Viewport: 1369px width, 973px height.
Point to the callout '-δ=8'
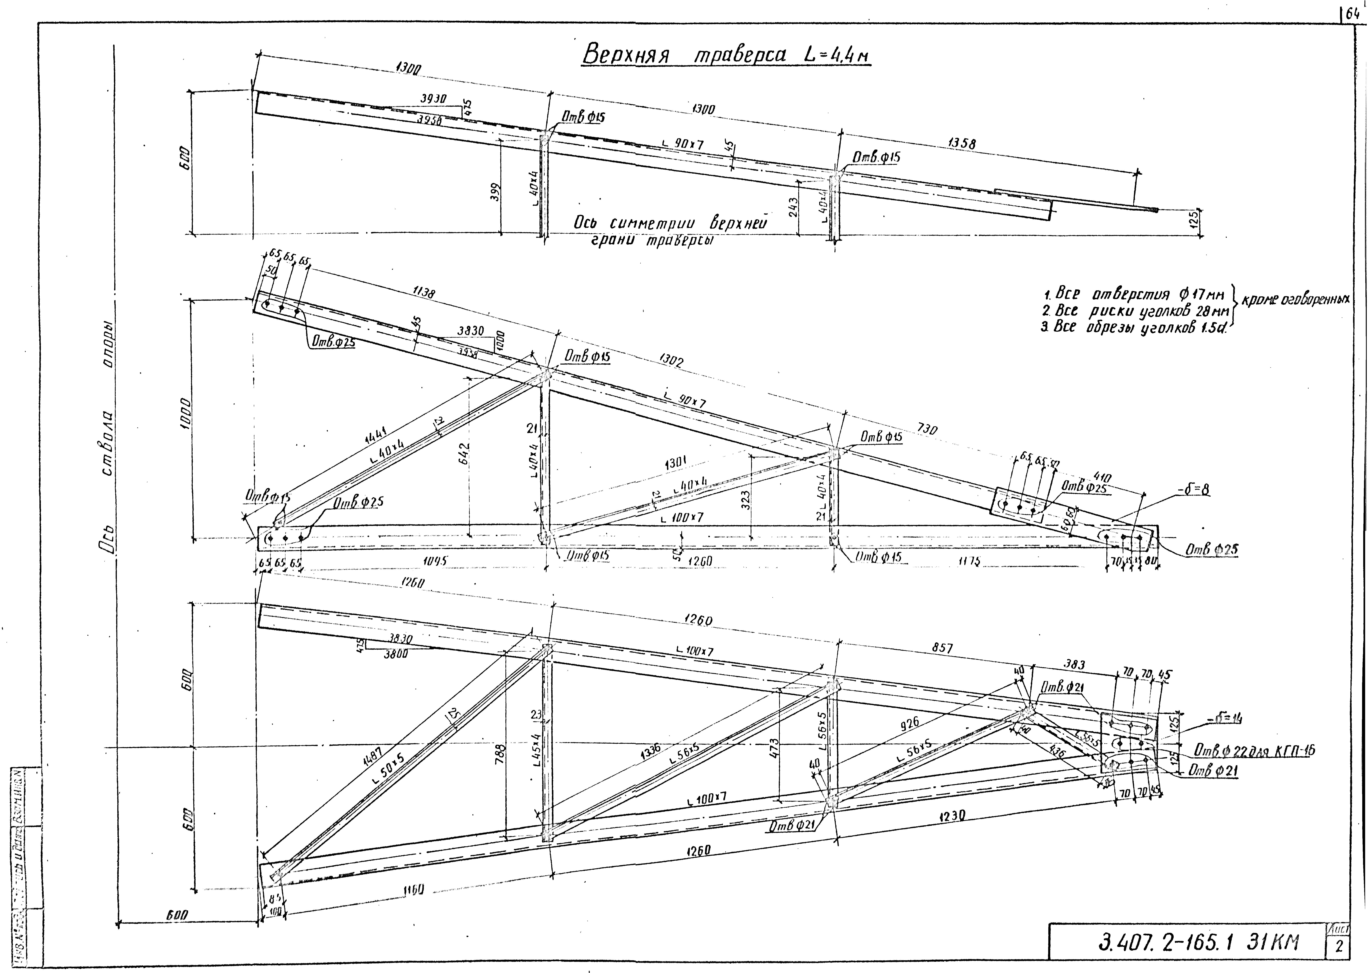click(1192, 490)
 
